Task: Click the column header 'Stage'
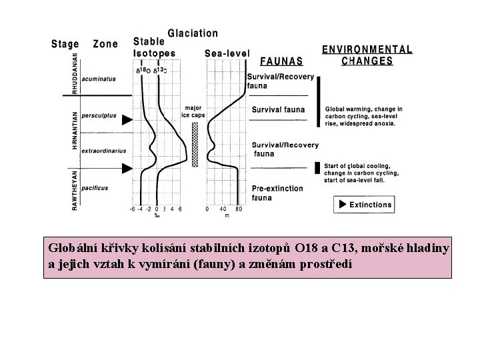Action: [x=66, y=44]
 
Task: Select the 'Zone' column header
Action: [x=105, y=44]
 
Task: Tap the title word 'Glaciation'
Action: [x=192, y=33]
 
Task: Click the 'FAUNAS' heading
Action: [x=281, y=61]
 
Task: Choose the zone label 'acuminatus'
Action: [x=98, y=79]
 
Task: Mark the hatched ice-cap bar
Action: [x=195, y=143]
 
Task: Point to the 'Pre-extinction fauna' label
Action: [x=277, y=193]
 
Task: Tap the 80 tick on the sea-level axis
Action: [x=239, y=209]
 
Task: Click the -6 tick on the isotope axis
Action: [x=132, y=209]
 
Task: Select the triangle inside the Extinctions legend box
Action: [x=343, y=204]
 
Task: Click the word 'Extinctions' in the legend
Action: [x=370, y=204]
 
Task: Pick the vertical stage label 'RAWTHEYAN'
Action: [x=75, y=190]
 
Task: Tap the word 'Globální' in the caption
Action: [x=71, y=249]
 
